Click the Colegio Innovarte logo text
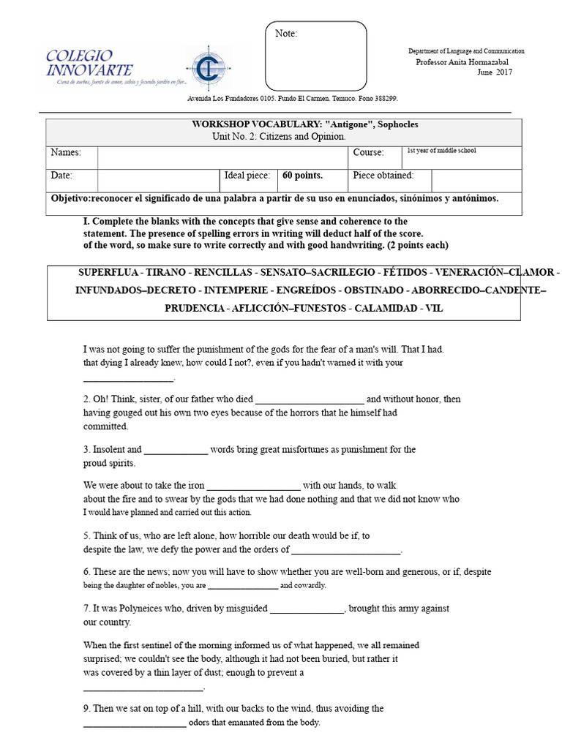[x=89, y=64]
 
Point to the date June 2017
[x=495, y=72]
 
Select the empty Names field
[x=222, y=157]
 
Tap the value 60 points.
[x=303, y=176]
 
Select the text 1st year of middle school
[x=441, y=150]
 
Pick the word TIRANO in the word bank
[x=171, y=272]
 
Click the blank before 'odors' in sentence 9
[x=135, y=724]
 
